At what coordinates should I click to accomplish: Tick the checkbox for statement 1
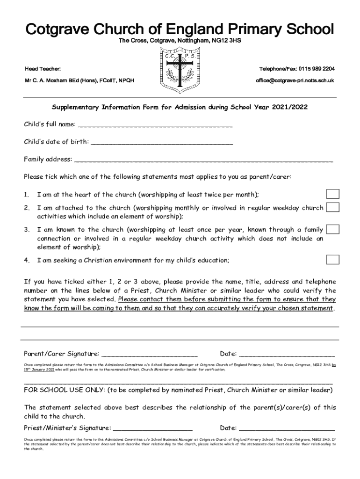332,194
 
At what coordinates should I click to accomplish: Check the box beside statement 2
332,207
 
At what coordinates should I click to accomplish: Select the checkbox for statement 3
332,229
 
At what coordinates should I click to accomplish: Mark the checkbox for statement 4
332,260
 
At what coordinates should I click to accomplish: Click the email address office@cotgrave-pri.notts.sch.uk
295,80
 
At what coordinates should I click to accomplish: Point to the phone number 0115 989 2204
317,69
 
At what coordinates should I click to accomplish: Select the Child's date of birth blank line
161,142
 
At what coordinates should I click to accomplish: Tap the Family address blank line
203,160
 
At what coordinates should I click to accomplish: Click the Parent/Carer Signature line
149,354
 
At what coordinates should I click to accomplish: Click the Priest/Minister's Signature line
153,428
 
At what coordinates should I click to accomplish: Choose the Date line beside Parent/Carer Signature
287,354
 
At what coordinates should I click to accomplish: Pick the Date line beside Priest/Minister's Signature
287,428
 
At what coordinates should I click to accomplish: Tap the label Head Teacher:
43,69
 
